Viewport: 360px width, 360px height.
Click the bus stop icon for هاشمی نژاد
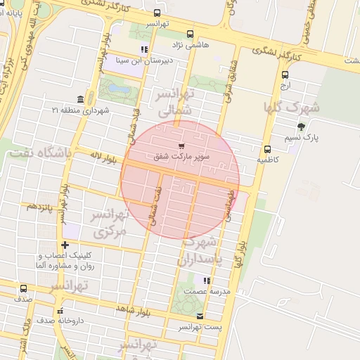tap(190, 34)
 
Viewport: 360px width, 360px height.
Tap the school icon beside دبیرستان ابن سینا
tap(144, 49)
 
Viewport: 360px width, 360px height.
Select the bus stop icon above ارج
tap(285, 75)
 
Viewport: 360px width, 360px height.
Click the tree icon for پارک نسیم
tap(302, 127)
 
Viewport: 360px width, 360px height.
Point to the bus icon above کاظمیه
tap(267, 149)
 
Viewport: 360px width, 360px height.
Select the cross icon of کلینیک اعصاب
tap(65, 245)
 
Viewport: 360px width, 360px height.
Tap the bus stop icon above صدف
tap(24, 288)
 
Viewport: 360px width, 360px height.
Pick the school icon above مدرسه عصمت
tap(206, 281)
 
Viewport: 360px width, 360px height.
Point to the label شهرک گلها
tap(291, 107)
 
